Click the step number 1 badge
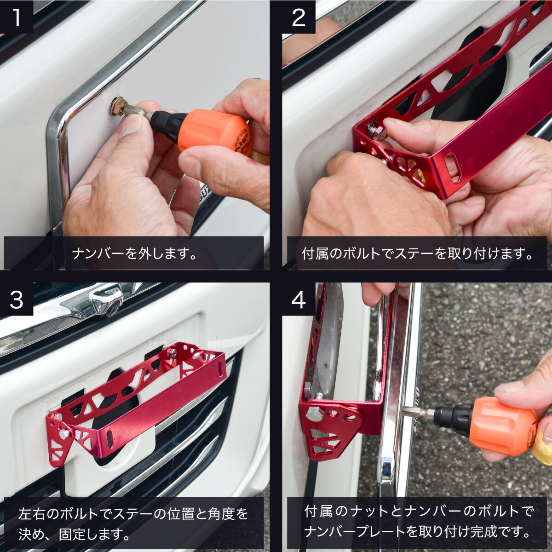(17, 17)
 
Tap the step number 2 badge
(299, 17)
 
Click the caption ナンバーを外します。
(134, 253)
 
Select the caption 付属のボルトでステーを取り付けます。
(417, 253)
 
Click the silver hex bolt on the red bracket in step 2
(378, 132)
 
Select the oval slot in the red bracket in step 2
(453, 168)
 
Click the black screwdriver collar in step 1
(164, 123)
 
